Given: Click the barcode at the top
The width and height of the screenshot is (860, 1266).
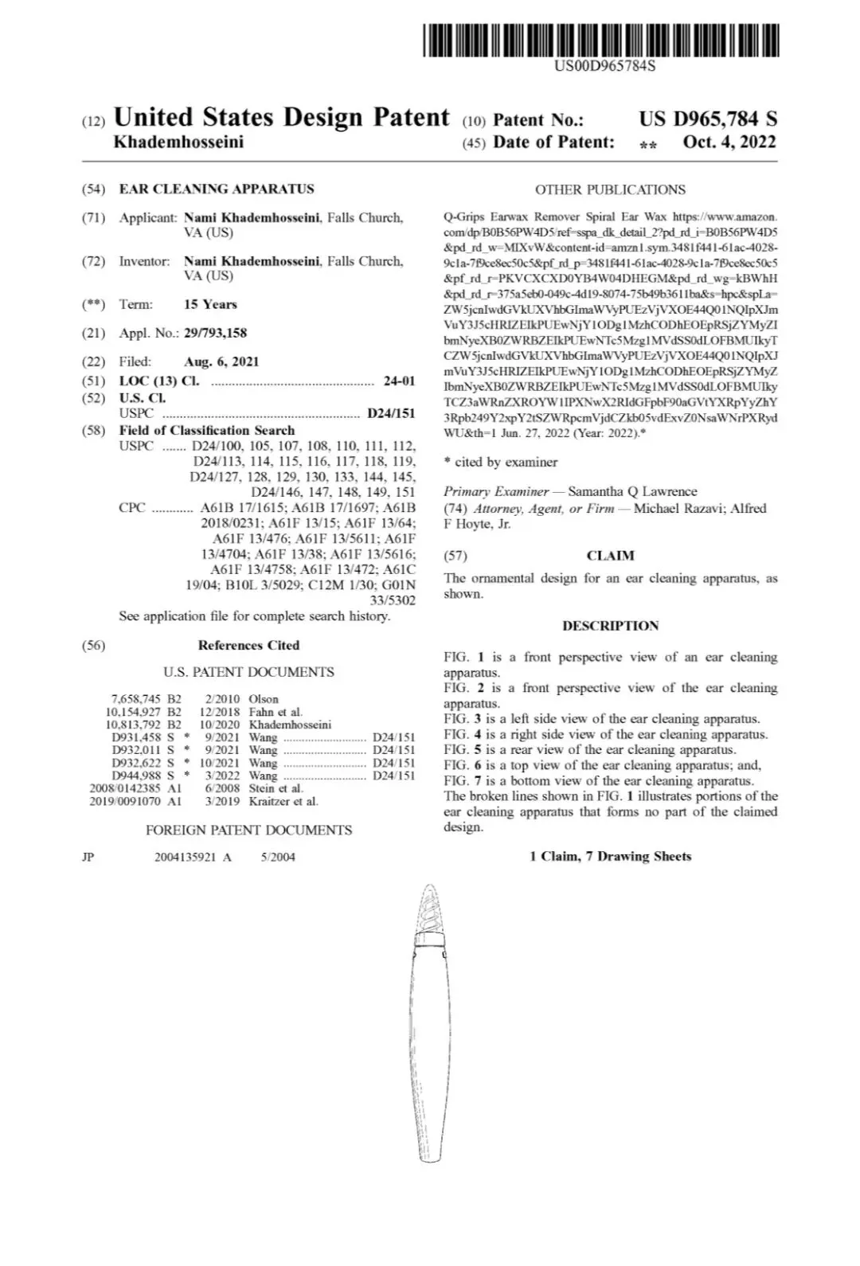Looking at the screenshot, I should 601,40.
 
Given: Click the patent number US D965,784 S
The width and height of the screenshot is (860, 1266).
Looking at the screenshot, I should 707,119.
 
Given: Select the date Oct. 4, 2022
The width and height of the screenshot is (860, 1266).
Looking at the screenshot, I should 729,143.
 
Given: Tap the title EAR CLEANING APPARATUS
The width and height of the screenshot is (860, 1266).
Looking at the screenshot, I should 217,190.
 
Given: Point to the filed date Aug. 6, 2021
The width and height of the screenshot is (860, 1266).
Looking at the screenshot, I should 221,361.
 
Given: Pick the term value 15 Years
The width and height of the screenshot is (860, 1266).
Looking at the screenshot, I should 210,304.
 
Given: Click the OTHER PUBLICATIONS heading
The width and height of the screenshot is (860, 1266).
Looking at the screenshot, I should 610,190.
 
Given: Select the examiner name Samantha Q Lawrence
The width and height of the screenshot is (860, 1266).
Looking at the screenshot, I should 632,492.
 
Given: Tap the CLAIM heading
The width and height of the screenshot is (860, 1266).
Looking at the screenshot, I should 610,556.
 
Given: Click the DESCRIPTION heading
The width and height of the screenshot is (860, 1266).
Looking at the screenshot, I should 610,626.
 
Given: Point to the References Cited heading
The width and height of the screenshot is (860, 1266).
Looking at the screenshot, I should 248,646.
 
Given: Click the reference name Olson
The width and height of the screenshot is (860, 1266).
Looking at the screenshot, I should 264,699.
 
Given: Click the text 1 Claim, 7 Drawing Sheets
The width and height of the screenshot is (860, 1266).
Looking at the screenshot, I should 610,857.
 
